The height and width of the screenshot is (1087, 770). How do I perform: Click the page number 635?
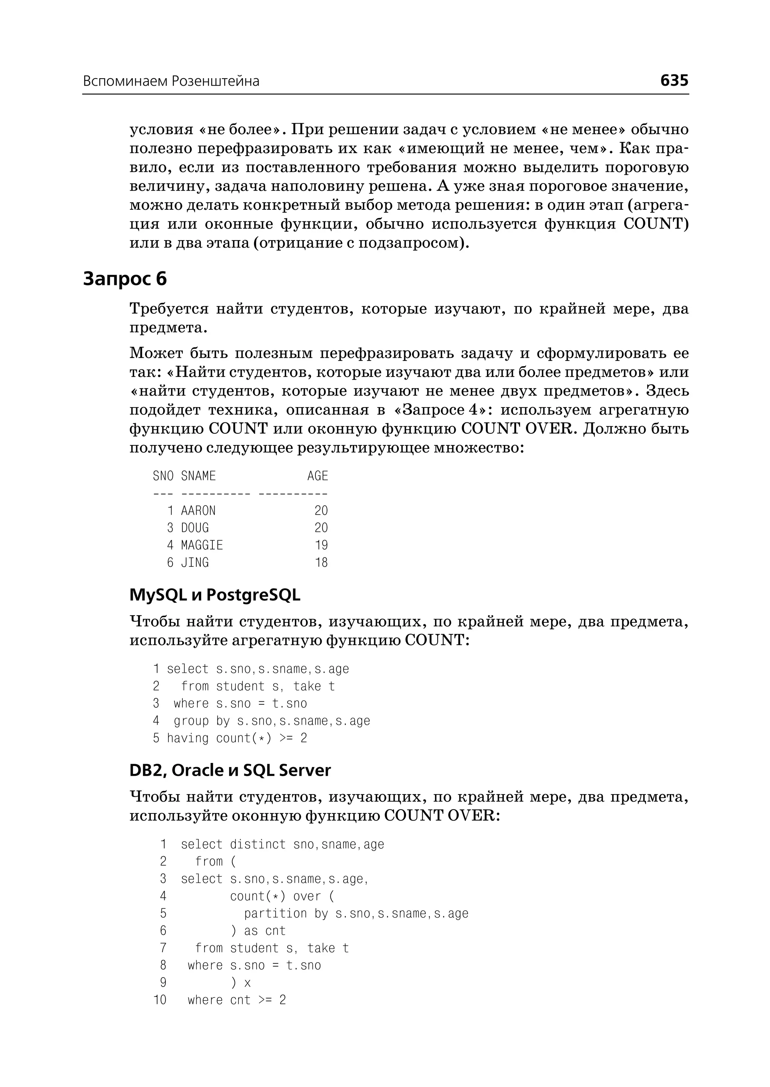[674, 80]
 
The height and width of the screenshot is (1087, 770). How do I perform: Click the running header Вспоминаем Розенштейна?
[171, 82]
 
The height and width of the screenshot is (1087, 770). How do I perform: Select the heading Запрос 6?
[125, 279]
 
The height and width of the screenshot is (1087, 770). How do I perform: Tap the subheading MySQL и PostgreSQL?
[215, 595]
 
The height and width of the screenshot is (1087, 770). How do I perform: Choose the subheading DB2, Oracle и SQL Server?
[230, 770]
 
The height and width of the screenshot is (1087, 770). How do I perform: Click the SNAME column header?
[198, 476]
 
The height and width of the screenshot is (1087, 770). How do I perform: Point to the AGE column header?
[317, 476]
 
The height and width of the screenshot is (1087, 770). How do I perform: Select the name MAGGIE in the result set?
[202, 545]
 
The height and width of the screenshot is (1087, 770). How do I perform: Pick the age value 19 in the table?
[321, 545]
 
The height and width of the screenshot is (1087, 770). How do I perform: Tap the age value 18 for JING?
[321, 563]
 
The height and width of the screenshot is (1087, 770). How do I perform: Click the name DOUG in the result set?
[195, 528]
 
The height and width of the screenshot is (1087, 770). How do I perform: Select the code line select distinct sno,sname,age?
[283, 844]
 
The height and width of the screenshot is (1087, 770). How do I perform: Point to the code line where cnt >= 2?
[236, 1000]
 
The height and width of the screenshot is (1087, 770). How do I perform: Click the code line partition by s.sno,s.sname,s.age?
[356, 913]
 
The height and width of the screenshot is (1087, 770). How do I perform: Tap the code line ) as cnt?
[258, 931]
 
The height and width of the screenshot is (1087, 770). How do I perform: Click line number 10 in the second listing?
[160, 1000]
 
